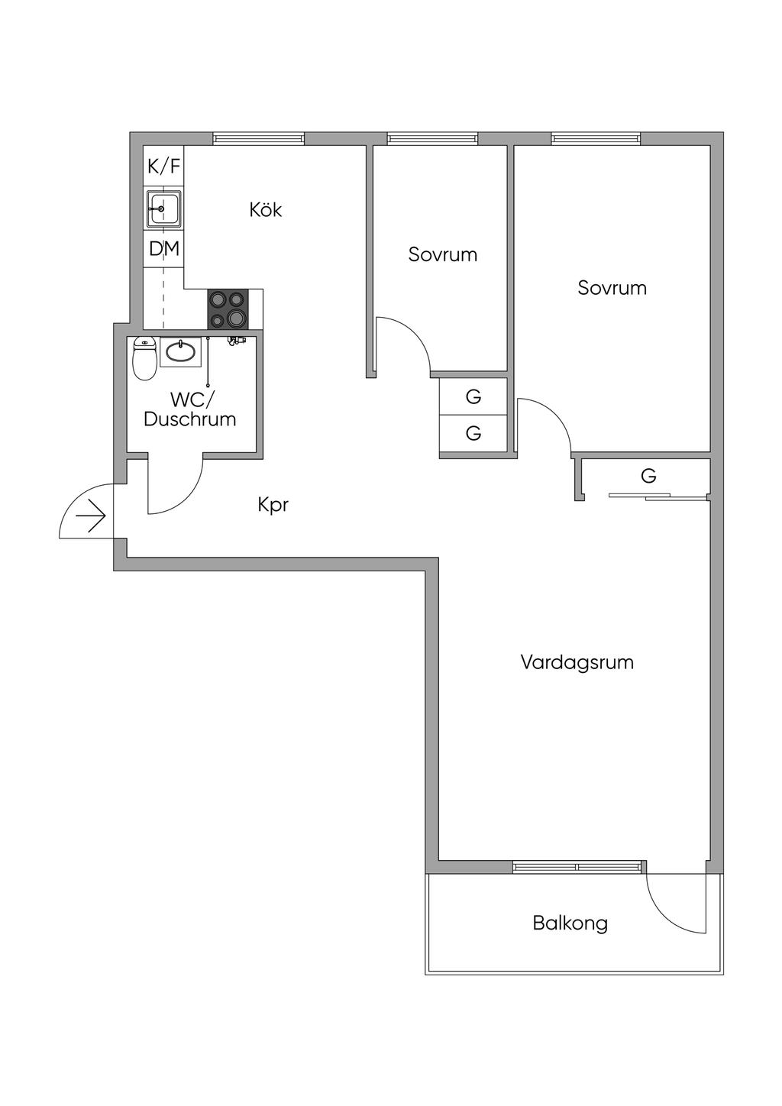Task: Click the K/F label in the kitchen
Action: click(164, 167)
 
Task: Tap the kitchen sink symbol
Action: click(164, 208)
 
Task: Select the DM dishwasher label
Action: click(164, 249)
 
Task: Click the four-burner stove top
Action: click(228, 309)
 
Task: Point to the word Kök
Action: click(266, 210)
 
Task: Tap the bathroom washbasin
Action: click(180, 351)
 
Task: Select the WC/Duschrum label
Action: click(190, 409)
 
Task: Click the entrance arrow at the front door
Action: click(91, 516)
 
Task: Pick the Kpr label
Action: click(273, 505)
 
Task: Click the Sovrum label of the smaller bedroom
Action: click(443, 254)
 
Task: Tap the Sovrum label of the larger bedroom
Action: click(612, 288)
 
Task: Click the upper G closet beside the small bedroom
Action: click(473, 397)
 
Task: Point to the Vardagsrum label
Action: click(577, 662)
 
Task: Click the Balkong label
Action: click(570, 923)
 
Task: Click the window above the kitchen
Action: click(259, 138)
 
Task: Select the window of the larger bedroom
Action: click(596, 138)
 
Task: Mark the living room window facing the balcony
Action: click(577, 867)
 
